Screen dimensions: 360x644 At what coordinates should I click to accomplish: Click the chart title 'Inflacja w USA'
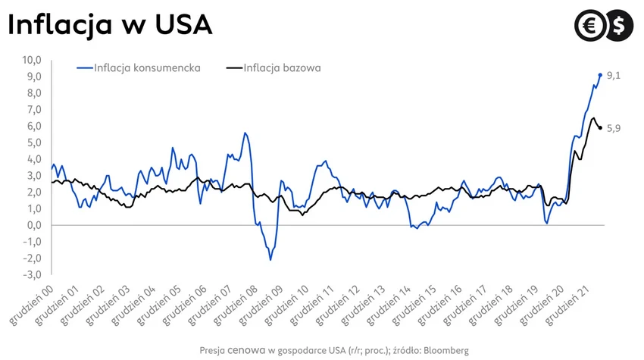click(109, 25)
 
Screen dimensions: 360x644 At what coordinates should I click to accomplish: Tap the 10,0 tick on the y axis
click(33, 60)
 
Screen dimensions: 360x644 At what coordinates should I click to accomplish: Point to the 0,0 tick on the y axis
click(34, 225)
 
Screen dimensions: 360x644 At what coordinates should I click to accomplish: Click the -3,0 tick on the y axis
click(33, 274)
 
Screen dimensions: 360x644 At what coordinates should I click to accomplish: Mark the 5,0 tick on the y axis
click(34, 142)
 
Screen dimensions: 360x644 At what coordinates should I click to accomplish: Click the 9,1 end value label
click(614, 75)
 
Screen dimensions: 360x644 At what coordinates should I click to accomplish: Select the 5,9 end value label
click(614, 128)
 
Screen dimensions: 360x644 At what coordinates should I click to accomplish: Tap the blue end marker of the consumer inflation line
click(601, 75)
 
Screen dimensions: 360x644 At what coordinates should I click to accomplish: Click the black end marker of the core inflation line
click(601, 128)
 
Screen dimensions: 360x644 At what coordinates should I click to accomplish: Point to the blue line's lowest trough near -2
click(270, 260)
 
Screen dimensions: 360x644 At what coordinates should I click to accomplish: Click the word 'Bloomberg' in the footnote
click(445, 351)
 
